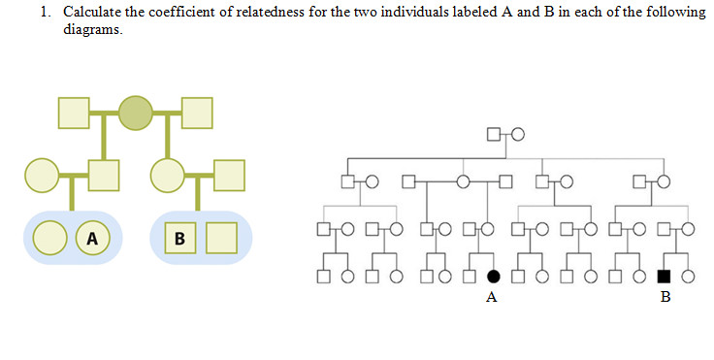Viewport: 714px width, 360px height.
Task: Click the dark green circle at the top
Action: (x=136, y=113)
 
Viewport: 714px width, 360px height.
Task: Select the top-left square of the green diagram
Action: (x=74, y=113)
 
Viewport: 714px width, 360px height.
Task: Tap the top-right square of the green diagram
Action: (x=197, y=113)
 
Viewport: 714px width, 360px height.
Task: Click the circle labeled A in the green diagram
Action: (x=93, y=238)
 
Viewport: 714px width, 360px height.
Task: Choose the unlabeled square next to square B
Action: (x=222, y=238)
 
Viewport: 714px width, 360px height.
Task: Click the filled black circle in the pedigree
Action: (x=493, y=277)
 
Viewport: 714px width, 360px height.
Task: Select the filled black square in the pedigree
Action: (x=665, y=277)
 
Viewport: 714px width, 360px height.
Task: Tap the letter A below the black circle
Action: (x=492, y=298)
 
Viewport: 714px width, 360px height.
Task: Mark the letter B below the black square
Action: (x=665, y=298)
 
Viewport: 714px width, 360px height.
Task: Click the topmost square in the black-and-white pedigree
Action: (x=494, y=134)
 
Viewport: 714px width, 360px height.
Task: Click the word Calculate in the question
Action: (x=89, y=12)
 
